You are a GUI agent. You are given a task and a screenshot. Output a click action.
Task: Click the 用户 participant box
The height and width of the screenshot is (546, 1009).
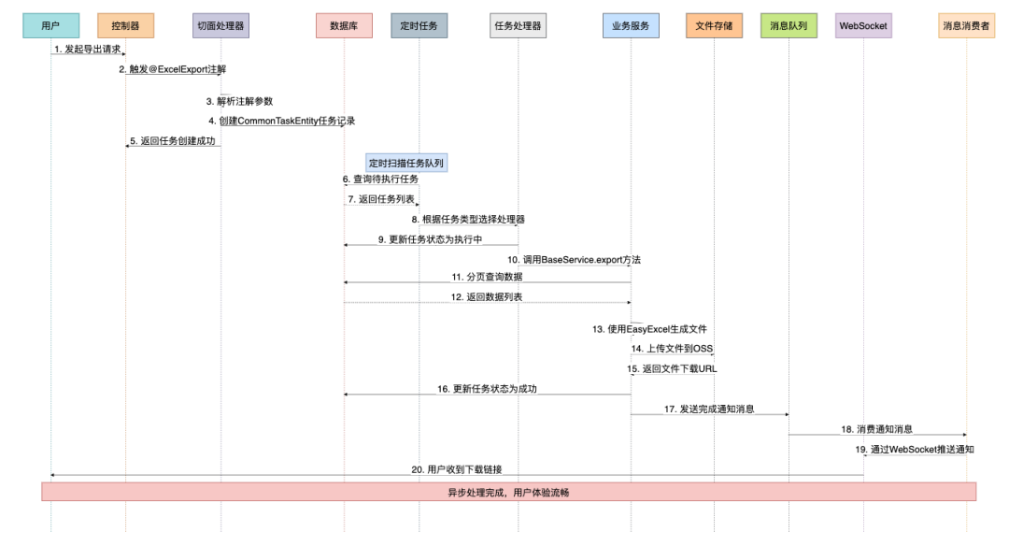(50, 25)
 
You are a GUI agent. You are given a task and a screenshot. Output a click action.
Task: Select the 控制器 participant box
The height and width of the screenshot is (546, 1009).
(125, 25)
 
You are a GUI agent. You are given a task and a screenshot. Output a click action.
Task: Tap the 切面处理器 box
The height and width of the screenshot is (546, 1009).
(220, 25)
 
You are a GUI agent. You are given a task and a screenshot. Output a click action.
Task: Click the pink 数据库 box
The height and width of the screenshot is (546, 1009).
(344, 25)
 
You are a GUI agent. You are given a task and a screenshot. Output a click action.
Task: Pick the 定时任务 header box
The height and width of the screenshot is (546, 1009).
(419, 25)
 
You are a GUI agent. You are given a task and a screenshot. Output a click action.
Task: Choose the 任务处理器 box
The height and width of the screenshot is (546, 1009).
(518, 25)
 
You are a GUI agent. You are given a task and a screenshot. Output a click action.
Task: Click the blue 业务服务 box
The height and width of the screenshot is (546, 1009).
(631, 25)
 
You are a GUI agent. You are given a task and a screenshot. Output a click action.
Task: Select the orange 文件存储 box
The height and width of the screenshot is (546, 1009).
(714, 25)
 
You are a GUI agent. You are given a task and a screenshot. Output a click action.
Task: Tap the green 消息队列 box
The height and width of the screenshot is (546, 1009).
(789, 25)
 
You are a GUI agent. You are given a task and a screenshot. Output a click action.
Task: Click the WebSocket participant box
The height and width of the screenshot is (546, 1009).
(863, 25)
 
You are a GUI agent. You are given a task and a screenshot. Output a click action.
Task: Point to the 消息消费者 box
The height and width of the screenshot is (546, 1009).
(967, 25)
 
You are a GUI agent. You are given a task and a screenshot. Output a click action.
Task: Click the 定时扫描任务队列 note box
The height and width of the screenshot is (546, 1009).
(406, 163)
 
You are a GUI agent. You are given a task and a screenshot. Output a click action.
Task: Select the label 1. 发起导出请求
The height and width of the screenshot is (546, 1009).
(88, 49)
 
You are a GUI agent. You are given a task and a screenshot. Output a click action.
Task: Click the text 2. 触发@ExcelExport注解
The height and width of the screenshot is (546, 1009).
(172, 69)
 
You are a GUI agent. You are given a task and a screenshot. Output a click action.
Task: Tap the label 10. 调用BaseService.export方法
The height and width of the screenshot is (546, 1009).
(575, 259)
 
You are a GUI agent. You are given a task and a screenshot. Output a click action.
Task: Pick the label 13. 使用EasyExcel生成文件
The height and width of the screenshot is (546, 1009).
(649, 329)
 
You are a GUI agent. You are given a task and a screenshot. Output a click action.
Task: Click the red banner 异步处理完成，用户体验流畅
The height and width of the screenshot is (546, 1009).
(508, 492)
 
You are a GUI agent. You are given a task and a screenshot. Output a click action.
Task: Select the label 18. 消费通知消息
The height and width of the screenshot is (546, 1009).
(876, 429)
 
